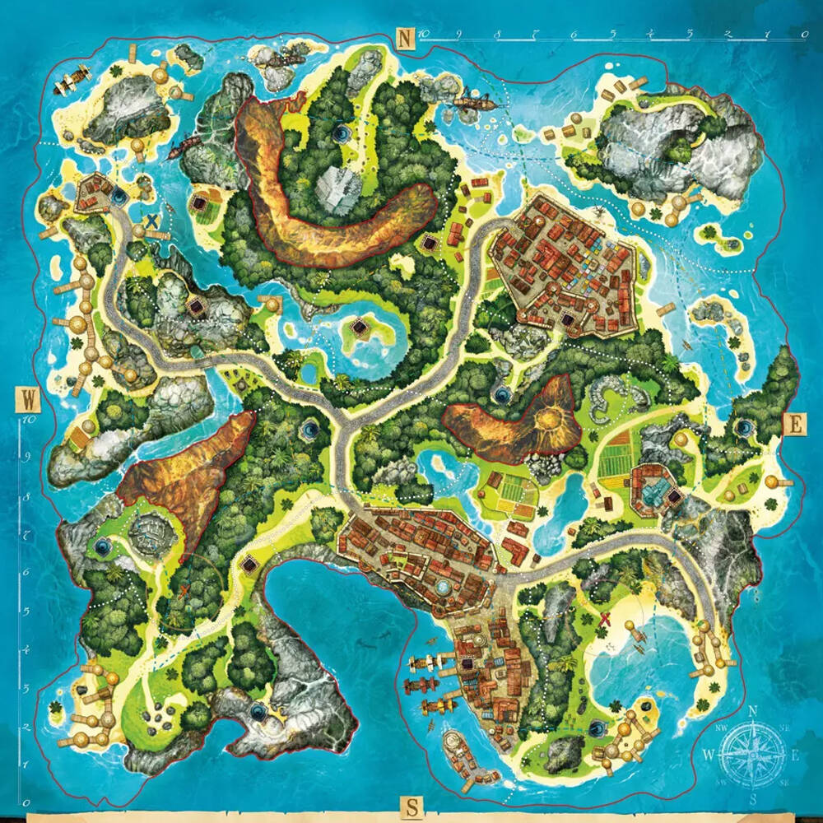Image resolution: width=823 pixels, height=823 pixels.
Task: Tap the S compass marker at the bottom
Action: [409, 807]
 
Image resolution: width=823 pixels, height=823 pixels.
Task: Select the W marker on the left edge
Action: [28, 401]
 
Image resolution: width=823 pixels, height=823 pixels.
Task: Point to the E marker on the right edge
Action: [795, 425]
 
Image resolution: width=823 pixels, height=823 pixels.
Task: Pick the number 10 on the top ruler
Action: [423, 35]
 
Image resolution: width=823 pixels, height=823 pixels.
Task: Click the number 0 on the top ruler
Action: [803, 35]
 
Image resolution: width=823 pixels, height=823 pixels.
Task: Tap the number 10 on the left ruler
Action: [27, 419]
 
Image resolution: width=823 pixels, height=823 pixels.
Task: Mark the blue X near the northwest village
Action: [151, 221]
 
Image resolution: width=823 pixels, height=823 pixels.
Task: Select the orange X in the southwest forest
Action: [184, 589]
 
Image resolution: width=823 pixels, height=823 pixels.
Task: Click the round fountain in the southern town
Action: [444, 587]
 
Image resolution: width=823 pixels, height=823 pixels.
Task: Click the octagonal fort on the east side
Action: [654, 491]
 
